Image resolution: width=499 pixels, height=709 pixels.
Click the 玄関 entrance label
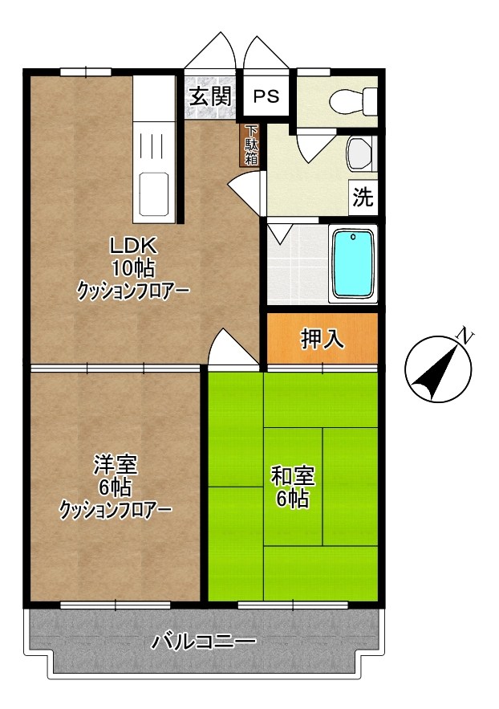point(210,96)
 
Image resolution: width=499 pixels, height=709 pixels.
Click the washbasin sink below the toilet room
point(359,152)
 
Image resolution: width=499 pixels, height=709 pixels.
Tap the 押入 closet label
point(323,339)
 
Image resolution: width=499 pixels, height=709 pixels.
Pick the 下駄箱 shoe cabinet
point(251,145)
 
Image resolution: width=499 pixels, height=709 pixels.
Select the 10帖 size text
point(132,267)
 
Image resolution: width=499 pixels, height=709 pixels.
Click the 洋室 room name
point(116,464)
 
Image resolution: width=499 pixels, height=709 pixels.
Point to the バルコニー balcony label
point(204,642)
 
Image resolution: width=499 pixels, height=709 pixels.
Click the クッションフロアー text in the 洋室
point(116,508)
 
